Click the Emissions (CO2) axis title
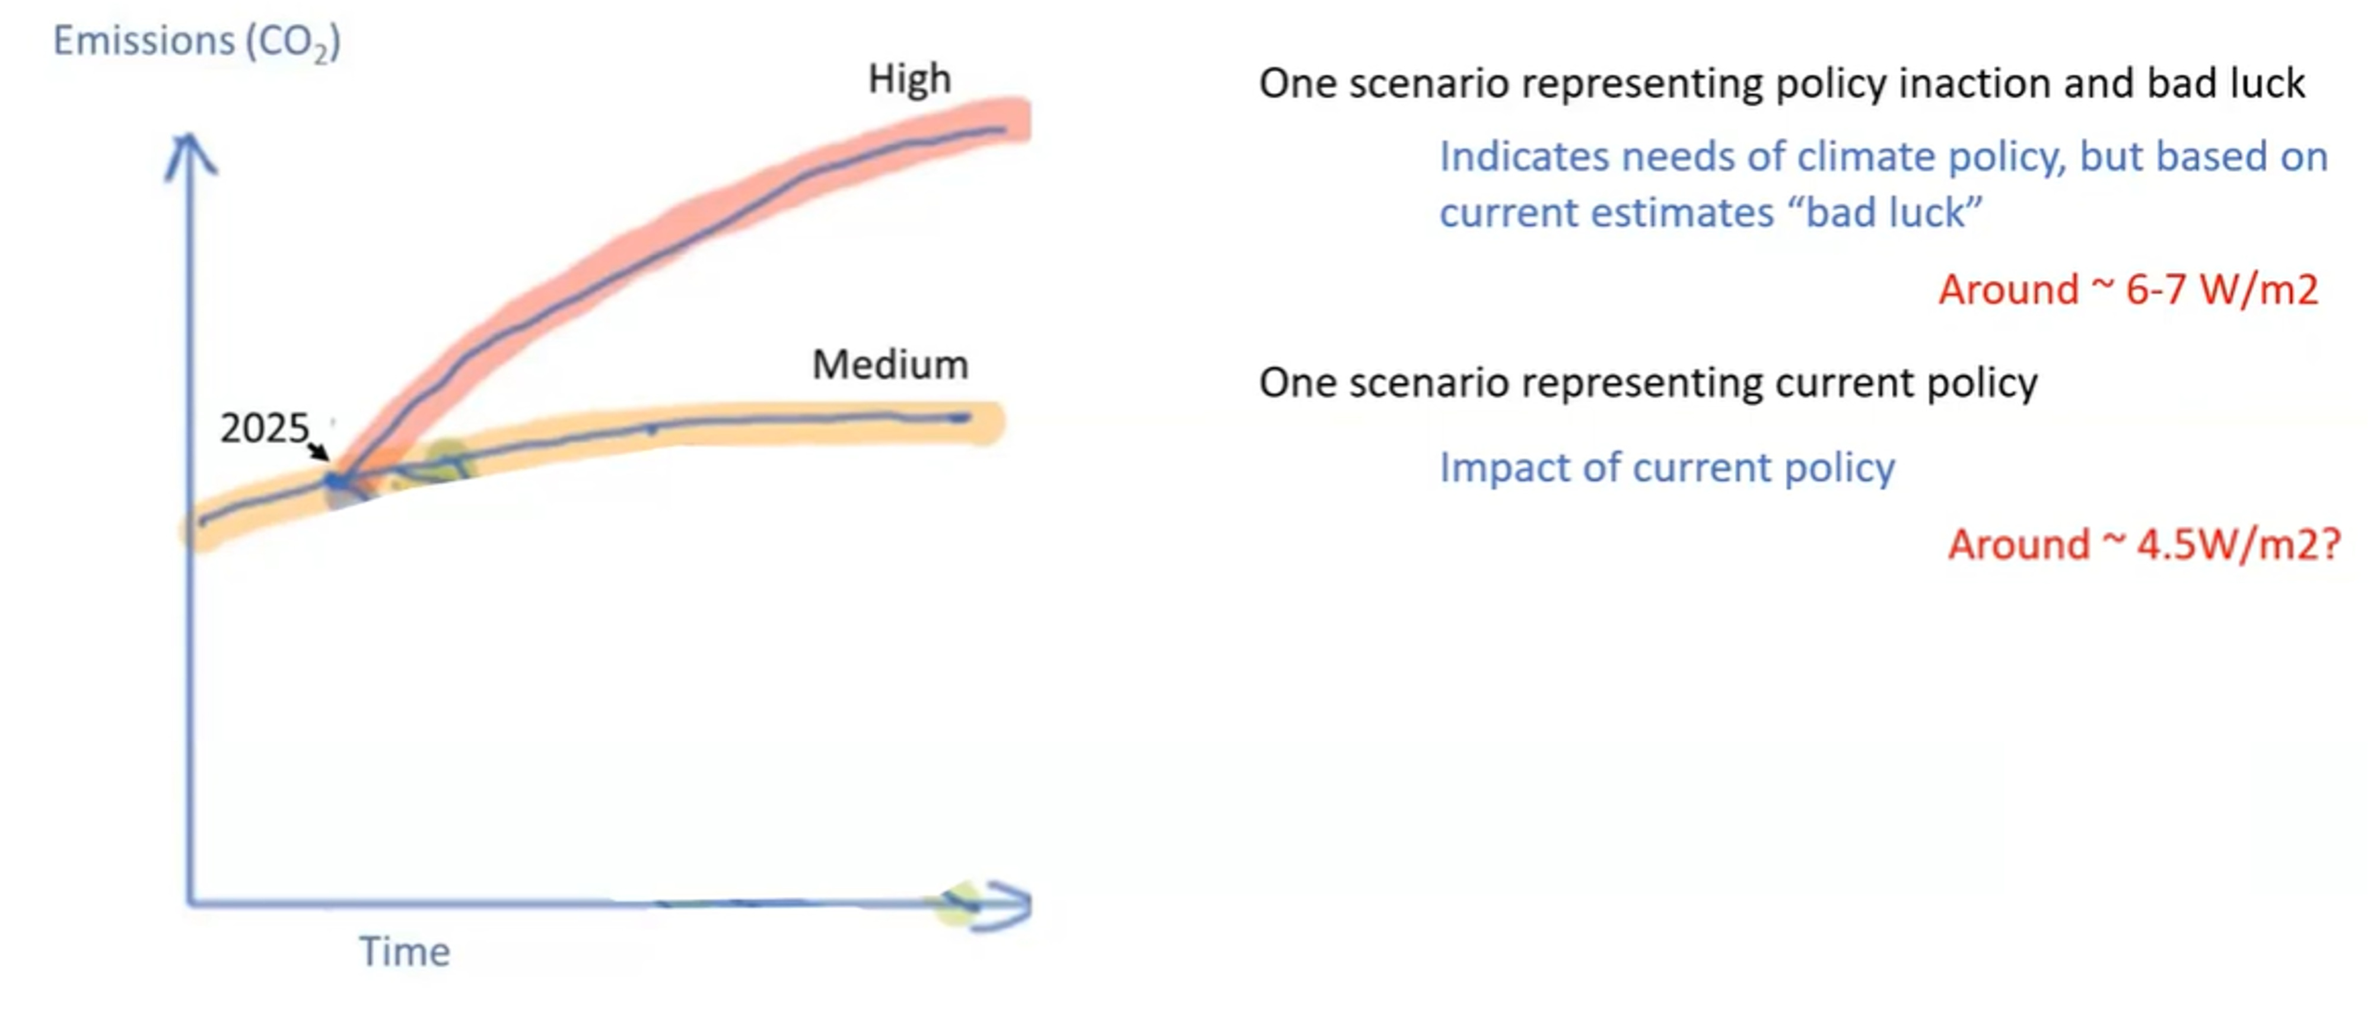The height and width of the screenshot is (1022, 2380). click(x=196, y=42)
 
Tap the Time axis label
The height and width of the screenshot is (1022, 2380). click(x=405, y=952)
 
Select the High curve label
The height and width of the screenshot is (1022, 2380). click(x=909, y=80)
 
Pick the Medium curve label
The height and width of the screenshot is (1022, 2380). click(x=890, y=365)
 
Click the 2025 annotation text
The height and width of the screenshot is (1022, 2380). click(x=263, y=428)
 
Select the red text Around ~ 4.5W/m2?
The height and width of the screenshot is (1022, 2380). click(x=2143, y=544)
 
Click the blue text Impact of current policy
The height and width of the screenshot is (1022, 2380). click(x=1667, y=468)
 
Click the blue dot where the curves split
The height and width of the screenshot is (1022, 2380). click(x=337, y=481)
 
